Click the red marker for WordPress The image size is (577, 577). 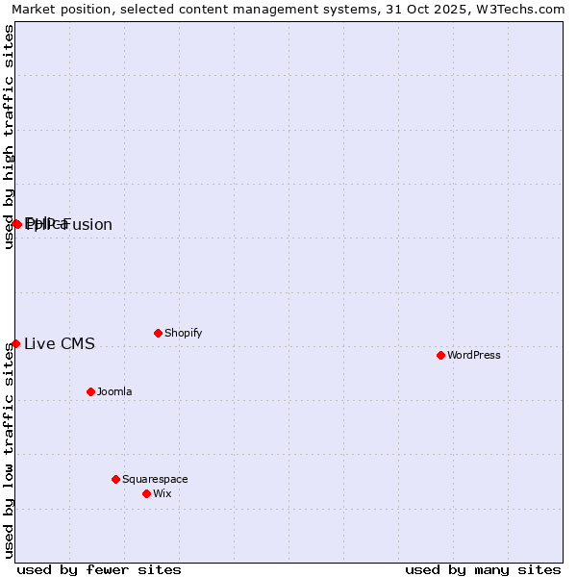(x=440, y=355)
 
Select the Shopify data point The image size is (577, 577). (x=158, y=333)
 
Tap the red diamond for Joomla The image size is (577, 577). (x=90, y=391)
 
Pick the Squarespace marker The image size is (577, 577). (x=115, y=479)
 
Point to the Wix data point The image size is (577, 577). (x=146, y=493)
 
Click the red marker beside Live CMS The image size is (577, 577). (x=15, y=343)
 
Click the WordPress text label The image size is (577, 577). (x=474, y=355)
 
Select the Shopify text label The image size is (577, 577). (x=183, y=333)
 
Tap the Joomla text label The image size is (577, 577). (x=114, y=391)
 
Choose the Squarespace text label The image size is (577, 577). (x=155, y=479)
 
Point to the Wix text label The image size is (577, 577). (x=162, y=493)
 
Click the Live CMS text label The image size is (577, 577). (x=60, y=343)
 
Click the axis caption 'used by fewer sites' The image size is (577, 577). (x=99, y=569)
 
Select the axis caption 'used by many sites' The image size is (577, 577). (x=483, y=569)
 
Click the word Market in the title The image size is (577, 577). (x=35, y=10)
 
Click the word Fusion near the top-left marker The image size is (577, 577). (x=88, y=225)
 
